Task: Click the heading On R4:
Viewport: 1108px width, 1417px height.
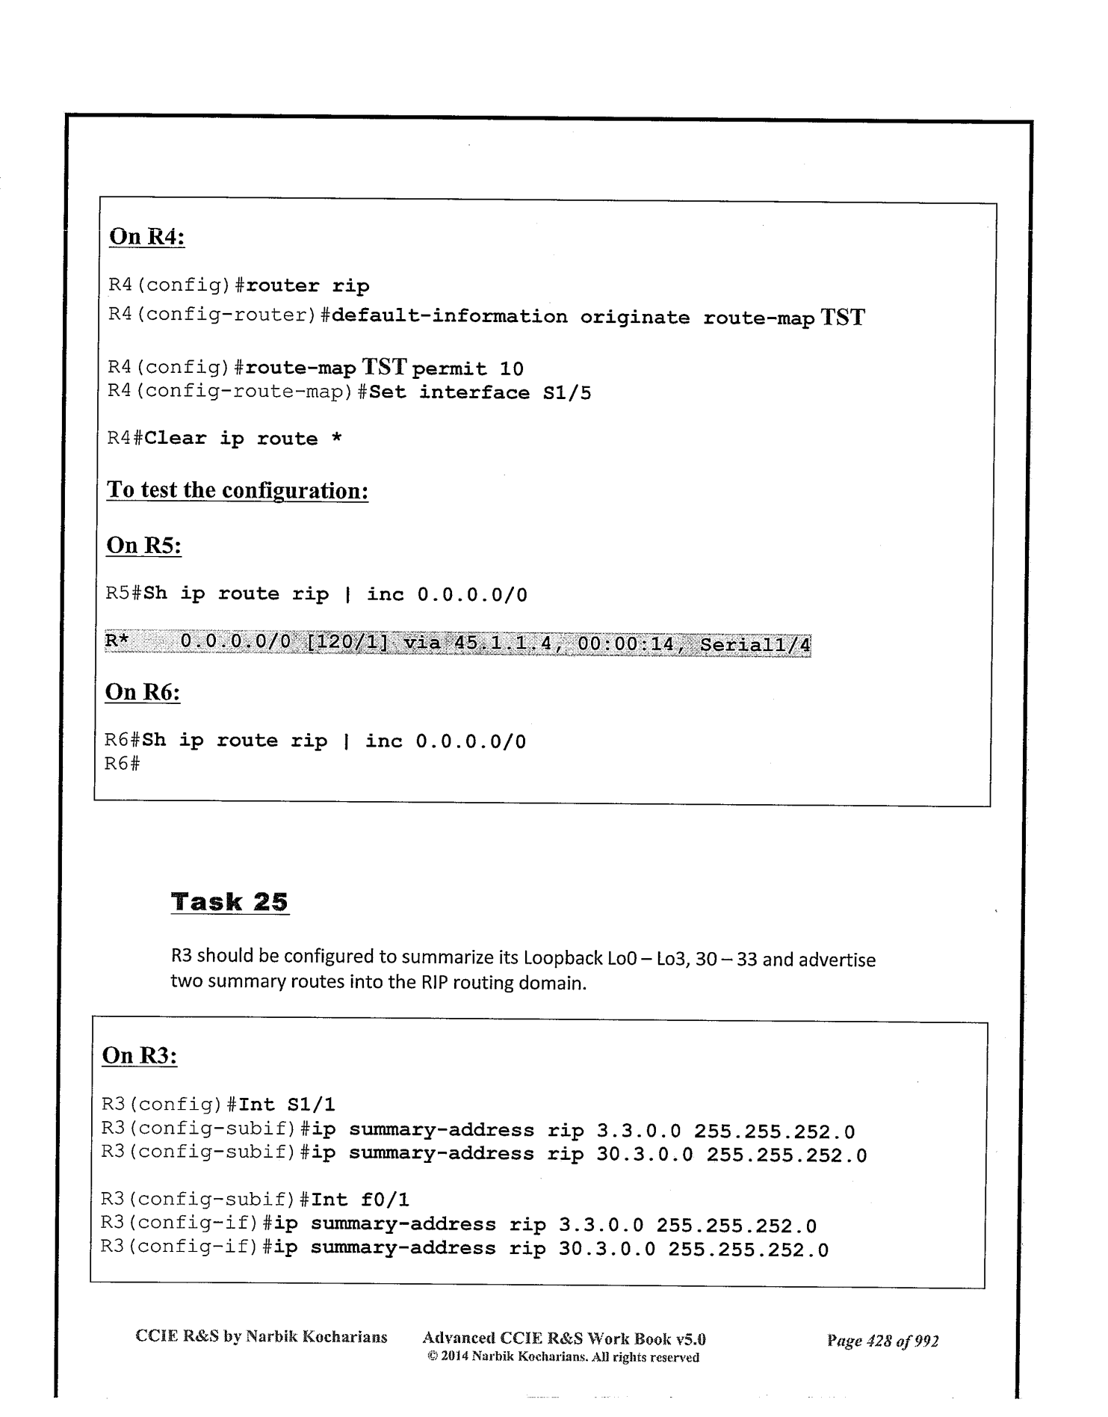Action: pyautogui.click(x=147, y=237)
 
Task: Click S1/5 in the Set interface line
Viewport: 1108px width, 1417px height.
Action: pyautogui.click(x=566, y=393)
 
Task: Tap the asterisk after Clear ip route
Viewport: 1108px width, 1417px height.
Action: pyautogui.click(x=337, y=439)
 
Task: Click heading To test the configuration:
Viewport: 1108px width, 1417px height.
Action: pyautogui.click(x=238, y=491)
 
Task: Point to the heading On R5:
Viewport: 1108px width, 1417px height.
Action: pyautogui.click(x=144, y=546)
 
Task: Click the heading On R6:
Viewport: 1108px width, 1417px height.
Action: pyautogui.click(x=143, y=692)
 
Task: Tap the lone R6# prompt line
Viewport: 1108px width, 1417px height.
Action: pyautogui.click(x=122, y=765)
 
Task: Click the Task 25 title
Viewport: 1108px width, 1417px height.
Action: pyautogui.click(x=229, y=902)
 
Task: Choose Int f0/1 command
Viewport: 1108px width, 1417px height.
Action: pyautogui.click(x=360, y=1200)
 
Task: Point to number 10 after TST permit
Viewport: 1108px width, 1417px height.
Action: pyautogui.click(x=512, y=369)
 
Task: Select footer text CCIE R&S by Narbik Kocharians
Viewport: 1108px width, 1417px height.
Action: pyautogui.click(x=261, y=1337)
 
